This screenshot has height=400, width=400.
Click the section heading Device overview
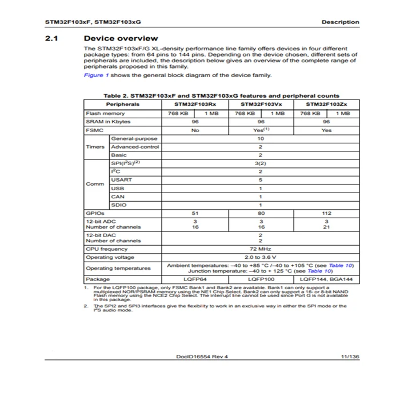tap(121, 38)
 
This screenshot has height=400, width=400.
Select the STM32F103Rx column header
tap(195, 105)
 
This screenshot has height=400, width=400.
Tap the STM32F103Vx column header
tap(261, 105)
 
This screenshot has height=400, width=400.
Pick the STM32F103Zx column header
tap(326, 105)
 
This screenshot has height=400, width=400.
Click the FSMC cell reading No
tap(195, 130)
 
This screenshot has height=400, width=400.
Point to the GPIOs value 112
tap(326, 213)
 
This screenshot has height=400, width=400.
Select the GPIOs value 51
tap(195, 213)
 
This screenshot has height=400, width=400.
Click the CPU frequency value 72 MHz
tap(261, 249)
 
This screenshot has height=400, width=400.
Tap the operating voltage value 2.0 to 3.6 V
tap(261, 257)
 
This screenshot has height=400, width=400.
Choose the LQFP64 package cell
tap(195, 279)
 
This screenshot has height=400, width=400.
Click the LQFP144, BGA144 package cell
tap(326, 279)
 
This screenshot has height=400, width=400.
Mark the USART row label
tap(121, 179)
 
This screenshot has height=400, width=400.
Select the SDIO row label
tap(119, 205)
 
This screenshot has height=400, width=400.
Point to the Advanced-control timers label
tap(135, 147)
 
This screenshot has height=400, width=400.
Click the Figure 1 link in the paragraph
tap(94, 75)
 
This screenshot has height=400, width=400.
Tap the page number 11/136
tap(349, 357)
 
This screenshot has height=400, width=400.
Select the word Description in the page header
tap(340, 22)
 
